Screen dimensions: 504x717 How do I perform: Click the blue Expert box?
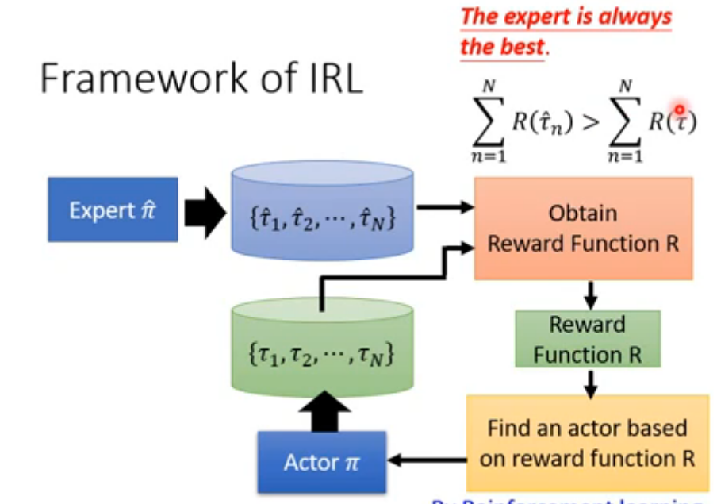pos(113,210)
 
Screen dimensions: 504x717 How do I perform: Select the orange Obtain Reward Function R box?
pos(583,228)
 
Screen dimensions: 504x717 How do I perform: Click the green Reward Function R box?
pos(587,339)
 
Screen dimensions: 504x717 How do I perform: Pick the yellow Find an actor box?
pos(587,444)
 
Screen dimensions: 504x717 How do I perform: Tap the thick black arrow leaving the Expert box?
pos(204,212)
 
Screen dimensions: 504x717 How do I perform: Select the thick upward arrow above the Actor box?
pos(324,410)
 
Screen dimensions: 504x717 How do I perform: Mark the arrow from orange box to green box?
pos(589,294)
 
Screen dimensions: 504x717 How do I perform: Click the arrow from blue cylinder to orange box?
pos(445,208)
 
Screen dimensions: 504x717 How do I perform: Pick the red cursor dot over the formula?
pos(679,110)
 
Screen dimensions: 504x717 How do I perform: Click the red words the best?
pos(502,46)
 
